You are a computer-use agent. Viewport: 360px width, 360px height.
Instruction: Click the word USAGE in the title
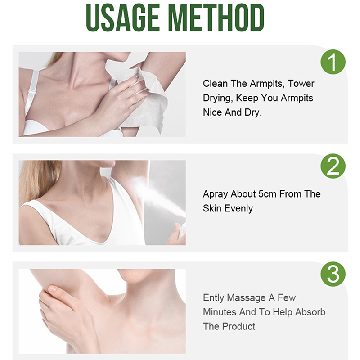pyautogui.click(x=123, y=18)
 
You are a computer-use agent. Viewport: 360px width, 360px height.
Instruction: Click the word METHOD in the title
pyautogui.click(x=217, y=18)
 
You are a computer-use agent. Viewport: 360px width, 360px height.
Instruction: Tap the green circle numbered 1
pyautogui.click(x=333, y=62)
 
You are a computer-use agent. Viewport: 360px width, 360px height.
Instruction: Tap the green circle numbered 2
pyautogui.click(x=333, y=166)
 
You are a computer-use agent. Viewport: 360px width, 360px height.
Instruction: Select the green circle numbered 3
pyautogui.click(x=333, y=274)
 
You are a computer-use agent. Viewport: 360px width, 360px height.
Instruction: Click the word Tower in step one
pyautogui.click(x=301, y=84)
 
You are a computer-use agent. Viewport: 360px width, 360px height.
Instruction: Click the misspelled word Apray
pyautogui.click(x=216, y=194)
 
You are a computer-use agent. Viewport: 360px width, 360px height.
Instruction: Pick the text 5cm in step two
pyautogui.click(x=267, y=194)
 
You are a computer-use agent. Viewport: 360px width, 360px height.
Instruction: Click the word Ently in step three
pyautogui.click(x=213, y=298)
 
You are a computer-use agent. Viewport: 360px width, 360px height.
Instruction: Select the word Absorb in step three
pyautogui.click(x=310, y=312)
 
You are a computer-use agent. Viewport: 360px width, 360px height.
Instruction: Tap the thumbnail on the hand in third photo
pyautogui.click(x=53, y=288)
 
